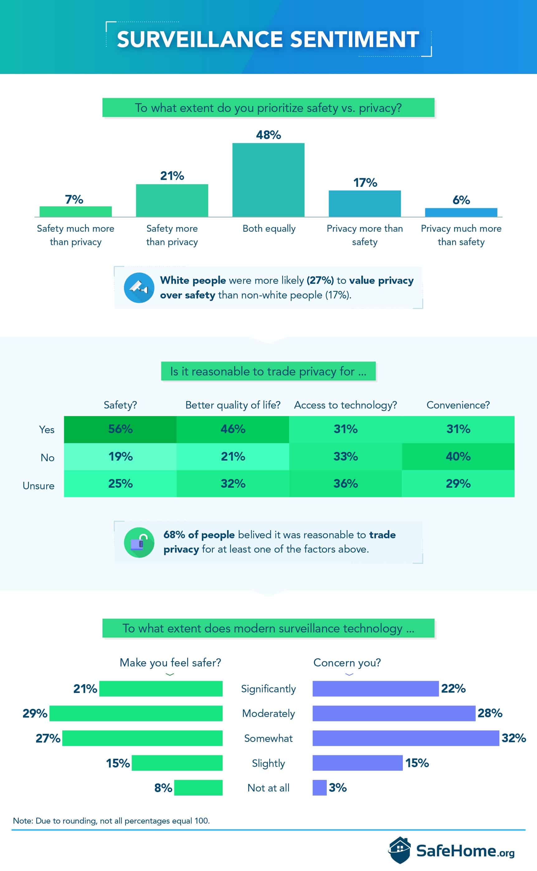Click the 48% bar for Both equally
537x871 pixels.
click(268, 180)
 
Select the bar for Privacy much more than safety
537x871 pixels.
click(461, 212)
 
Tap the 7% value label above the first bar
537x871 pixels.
click(74, 200)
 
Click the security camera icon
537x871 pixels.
click(139, 288)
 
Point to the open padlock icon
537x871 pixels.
click(139, 542)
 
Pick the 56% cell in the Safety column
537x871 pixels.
click(121, 429)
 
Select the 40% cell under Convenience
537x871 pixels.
click(458, 457)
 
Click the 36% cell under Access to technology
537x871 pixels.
click(345, 483)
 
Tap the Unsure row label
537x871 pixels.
click(38, 486)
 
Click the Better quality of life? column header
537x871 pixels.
click(233, 405)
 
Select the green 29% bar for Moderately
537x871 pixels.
click(136, 713)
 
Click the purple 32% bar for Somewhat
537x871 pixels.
click(406, 738)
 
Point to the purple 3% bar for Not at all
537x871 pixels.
click(319, 787)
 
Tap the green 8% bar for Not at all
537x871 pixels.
click(198, 787)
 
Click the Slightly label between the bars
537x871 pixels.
click(268, 763)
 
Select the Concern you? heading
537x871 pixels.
click(347, 663)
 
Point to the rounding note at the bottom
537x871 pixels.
click(111, 820)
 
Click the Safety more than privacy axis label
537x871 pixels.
click(172, 235)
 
